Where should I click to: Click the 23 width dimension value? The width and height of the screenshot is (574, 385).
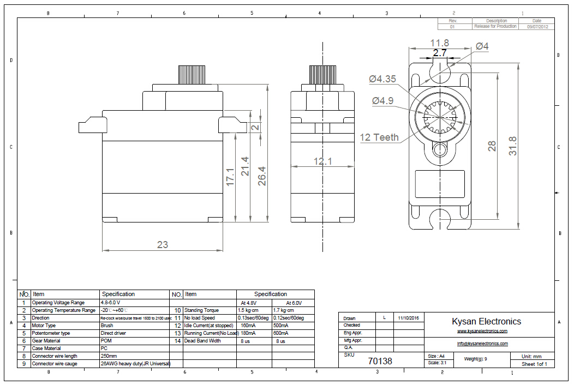[163, 245]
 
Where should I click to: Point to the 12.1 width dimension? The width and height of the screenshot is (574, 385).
[322, 161]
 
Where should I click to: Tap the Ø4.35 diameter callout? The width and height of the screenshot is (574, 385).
[382, 79]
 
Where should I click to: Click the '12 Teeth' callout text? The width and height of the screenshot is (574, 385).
[379, 137]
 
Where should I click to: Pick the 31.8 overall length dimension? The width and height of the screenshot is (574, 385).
[513, 146]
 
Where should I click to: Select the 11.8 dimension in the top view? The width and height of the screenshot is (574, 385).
[439, 43]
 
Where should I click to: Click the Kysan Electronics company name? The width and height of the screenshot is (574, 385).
[486, 321]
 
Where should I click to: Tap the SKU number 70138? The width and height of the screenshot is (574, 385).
[380, 361]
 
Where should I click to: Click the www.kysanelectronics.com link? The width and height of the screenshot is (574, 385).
[482, 331]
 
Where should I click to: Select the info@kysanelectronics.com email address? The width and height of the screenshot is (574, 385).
[482, 344]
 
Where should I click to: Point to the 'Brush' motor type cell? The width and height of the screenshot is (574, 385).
[107, 326]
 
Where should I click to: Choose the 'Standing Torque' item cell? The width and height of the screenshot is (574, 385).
[202, 310]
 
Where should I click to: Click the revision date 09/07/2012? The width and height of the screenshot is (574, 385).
[537, 26]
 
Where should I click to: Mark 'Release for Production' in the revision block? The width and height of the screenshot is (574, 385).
[495, 26]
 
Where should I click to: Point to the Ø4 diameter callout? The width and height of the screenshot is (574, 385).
[482, 47]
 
